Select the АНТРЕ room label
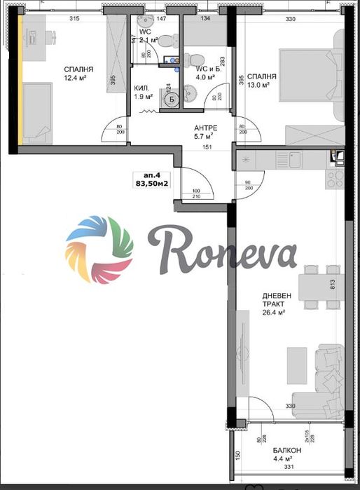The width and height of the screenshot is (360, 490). [205, 128]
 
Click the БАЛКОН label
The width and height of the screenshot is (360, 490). [287, 450]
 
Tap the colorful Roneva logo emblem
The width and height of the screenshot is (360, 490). [99, 248]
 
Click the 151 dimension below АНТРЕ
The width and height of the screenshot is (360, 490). [207, 147]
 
